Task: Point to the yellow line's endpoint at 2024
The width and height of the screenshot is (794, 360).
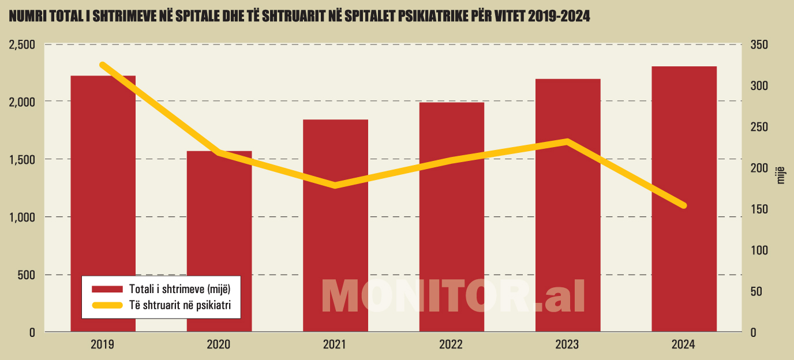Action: [x=684, y=205]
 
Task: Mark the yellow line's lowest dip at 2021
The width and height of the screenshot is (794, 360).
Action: [x=335, y=185]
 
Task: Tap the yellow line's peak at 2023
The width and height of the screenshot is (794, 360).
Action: [x=568, y=141]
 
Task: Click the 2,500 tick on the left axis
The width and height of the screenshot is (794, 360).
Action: [x=23, y=44]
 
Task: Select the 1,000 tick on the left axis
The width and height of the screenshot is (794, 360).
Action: [x=23, y=217]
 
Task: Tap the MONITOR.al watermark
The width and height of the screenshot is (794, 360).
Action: [x=453, y=297]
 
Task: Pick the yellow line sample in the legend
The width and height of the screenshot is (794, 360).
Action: [x=107, y=306]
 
